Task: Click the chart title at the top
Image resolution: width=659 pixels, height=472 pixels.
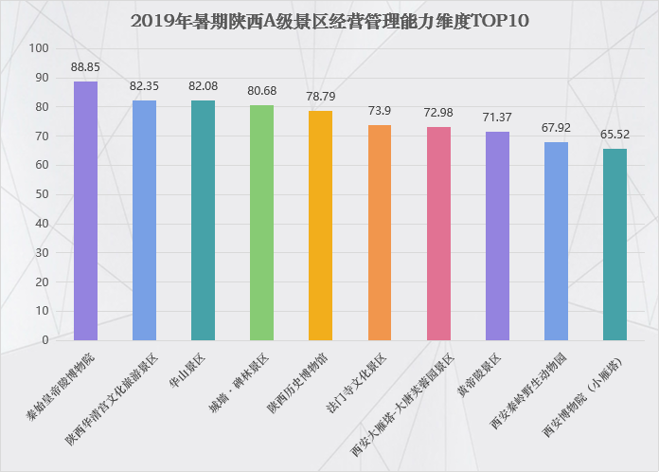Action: (x=329, y=21)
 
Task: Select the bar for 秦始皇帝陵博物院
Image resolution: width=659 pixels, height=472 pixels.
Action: (x=86, y=210)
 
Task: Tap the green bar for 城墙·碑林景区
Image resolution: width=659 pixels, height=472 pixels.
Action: (x=262, y=223)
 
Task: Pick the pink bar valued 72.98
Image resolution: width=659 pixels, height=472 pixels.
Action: (x=438, y=233)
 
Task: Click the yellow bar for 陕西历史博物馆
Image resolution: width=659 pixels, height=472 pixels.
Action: (x=321, y=226)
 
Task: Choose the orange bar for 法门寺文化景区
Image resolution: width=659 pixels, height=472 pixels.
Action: (x=380, y=232)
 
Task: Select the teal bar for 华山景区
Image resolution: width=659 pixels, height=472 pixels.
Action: (x=203, y=221)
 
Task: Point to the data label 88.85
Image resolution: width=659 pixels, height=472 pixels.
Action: (x=85, y=67)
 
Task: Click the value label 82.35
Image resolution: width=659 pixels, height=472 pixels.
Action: (x=144, y=86)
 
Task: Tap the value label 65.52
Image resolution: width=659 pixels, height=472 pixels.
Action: (x=614, y=135)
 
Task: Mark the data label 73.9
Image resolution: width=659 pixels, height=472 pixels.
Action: (x=380, y=111)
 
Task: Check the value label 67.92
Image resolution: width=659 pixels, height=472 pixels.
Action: (x=556, y=128)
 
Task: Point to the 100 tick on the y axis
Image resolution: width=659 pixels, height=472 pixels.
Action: (x=39, y=48)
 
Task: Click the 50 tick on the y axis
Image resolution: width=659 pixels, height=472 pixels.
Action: (x=42, y=194)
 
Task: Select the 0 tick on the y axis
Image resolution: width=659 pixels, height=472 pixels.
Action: (x=45, y=340)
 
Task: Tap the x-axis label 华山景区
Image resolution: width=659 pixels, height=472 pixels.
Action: (x=187, y=371)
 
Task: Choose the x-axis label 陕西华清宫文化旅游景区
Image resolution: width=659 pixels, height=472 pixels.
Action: (x=112, y=399)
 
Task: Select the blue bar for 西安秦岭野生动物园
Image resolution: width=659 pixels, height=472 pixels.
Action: (x=556, y=242)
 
